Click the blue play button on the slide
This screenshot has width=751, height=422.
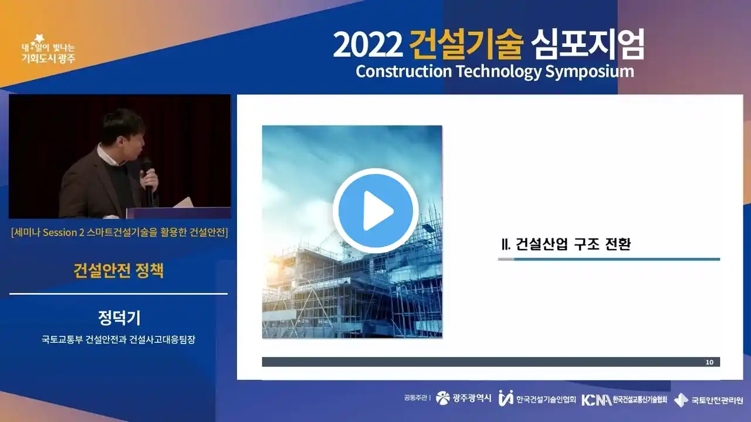click(x=375, y=210)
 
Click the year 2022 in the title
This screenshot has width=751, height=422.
click(x=368, y=45)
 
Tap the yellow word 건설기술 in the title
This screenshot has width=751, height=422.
click(x=466, y=45)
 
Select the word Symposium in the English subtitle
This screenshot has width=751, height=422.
click(x=590, y=72)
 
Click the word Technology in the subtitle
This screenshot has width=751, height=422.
click(x=499, y=72)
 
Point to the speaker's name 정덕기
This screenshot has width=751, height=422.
click(x=119, y=318)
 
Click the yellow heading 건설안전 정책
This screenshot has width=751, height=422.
click(x=119, y=271)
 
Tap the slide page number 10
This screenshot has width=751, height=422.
click(x=709, y=362)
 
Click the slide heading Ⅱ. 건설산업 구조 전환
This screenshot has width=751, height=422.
click(x=566, y=244)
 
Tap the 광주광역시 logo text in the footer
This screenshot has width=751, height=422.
click(x=472, y=398)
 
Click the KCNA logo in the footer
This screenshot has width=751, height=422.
click(x=597, y=400)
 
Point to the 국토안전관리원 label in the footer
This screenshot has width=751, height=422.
click(x=717, y=400)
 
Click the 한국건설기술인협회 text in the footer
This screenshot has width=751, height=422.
click(x=546, y=399)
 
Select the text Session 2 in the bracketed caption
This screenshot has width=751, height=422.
click(x=63, y=233)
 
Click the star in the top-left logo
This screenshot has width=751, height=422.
click(x=39, y=39)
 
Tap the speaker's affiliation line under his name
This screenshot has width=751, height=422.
click(x=119, y=339)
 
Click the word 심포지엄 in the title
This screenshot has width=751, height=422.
click(x=587, y=45)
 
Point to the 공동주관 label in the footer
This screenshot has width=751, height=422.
click(x=415, y=398)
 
